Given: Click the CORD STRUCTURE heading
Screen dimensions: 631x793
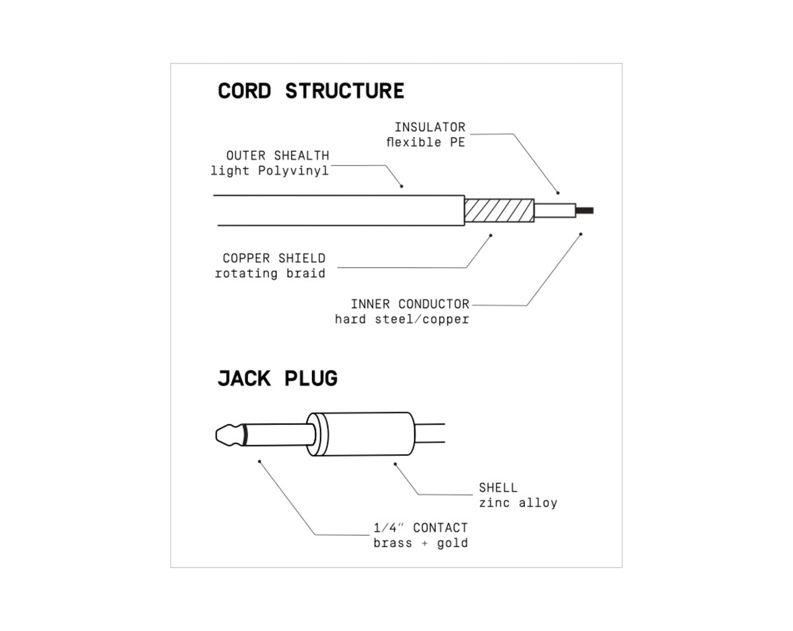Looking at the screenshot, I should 310,91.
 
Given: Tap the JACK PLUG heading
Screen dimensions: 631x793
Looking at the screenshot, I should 277,378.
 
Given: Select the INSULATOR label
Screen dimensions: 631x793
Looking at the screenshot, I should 429,127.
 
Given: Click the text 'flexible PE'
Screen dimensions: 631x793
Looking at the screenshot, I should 425,142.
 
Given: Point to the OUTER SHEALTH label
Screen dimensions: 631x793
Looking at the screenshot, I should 277,155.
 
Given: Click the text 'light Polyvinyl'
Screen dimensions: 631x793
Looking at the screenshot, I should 269,170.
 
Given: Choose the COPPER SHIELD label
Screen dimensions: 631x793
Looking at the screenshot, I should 274,258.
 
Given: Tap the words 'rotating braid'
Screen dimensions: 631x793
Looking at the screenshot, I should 270,273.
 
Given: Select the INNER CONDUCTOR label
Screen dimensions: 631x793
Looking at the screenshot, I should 410,304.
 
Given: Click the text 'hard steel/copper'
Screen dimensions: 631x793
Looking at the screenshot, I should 402,319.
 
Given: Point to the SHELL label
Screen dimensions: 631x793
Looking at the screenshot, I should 497,487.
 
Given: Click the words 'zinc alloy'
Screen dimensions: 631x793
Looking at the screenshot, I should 518,502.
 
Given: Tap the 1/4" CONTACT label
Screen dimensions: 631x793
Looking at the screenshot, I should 420,527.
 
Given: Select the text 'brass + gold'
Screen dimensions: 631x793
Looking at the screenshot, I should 420,543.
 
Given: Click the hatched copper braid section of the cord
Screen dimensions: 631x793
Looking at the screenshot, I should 499,211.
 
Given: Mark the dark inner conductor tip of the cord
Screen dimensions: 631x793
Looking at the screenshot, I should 585,211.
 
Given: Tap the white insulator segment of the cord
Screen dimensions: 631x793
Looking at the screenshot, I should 555,211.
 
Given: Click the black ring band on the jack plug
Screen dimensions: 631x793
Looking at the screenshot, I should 245,435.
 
